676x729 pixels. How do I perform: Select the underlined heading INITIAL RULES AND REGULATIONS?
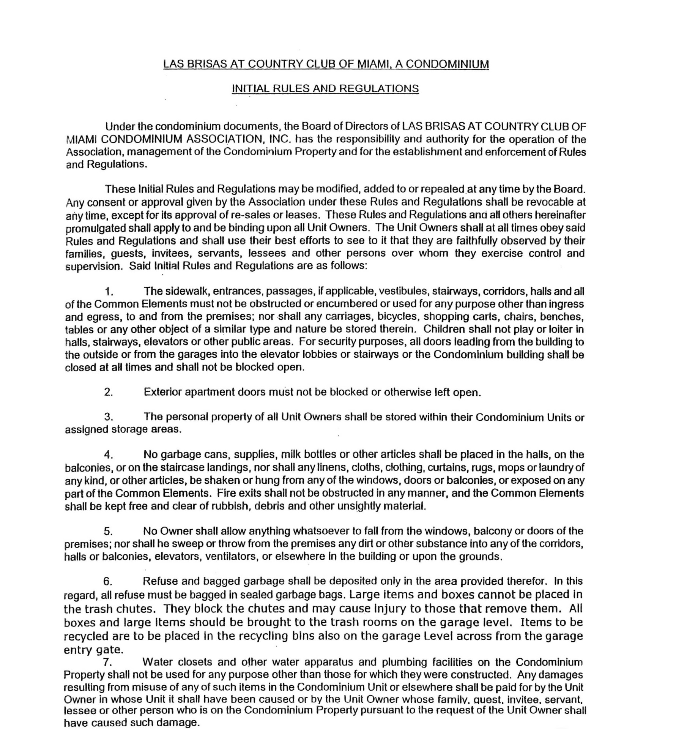[x=325, y=88]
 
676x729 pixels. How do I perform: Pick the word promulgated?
[x=96, y=229]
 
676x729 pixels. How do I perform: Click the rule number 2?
[x=109, y=392]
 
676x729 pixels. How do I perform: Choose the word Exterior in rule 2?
[x=163, y=392]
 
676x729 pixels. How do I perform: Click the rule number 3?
[x=109, y=417]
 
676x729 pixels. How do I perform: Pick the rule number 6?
[x=108, y=581]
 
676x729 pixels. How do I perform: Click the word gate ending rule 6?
[x=109, y=650]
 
